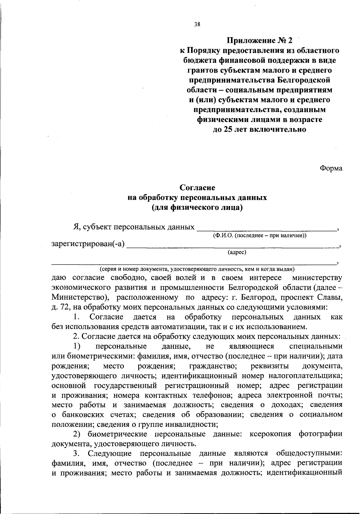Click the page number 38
(x=197, y=25)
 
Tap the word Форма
(x=331, y=168)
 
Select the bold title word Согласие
(x=197, y=188)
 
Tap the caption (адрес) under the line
(x=237, y=252)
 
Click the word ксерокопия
(x=270, y=434)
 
